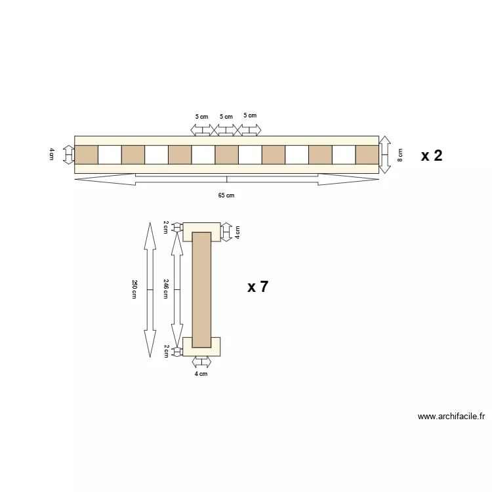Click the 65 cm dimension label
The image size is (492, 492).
(x=226, y=195)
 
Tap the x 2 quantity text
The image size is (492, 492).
(x=432, y=155)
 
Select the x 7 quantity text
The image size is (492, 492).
(x=258, y=287)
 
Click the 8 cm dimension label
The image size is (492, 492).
(x=400, y=155)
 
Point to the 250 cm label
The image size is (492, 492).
(x=134, y=289)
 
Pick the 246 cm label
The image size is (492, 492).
(x=166, y=289)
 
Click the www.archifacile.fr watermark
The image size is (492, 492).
(x=451, y=416)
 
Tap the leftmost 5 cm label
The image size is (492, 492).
(x=201, y=117)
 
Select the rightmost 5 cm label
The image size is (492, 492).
(x=250, y=115)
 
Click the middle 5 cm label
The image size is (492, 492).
(x=226, y=117)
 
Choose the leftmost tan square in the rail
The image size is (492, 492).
(x=86, y=155)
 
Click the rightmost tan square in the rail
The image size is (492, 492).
(x=367, y=155)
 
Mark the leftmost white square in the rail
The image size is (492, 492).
(x=110, y=155)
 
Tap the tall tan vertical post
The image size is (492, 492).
(x=201, y=289)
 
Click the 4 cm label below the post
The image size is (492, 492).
(x=201, y=374)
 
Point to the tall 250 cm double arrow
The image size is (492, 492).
(x=150, y=289)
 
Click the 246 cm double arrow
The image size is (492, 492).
(x=176, y=289)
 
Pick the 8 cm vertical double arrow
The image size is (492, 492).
(x=385, y=155)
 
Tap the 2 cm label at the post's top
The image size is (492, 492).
(x=166, y=227)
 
